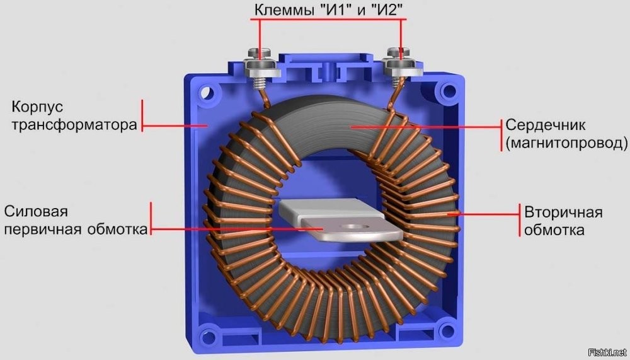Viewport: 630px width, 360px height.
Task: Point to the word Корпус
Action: [37, 107]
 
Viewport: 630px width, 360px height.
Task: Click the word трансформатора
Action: [74, 125]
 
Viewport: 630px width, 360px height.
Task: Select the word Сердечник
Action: [545, 125]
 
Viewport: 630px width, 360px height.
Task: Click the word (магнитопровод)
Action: [566, 142]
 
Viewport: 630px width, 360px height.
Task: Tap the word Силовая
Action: [36, 211]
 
